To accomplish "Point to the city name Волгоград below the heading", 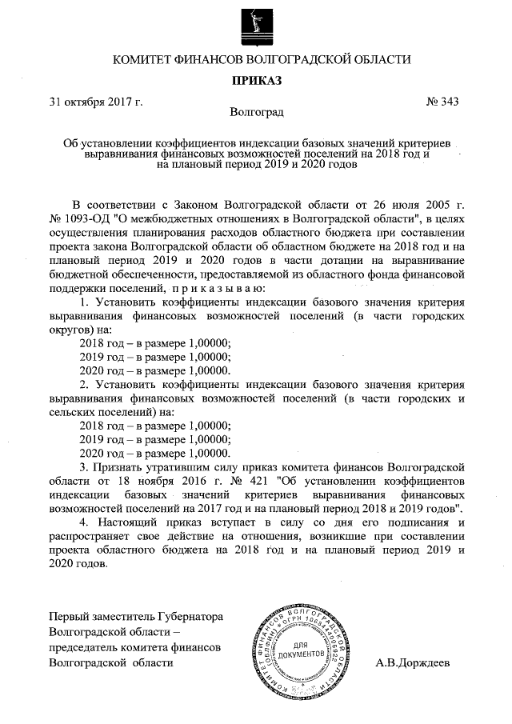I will click(256, 114).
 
